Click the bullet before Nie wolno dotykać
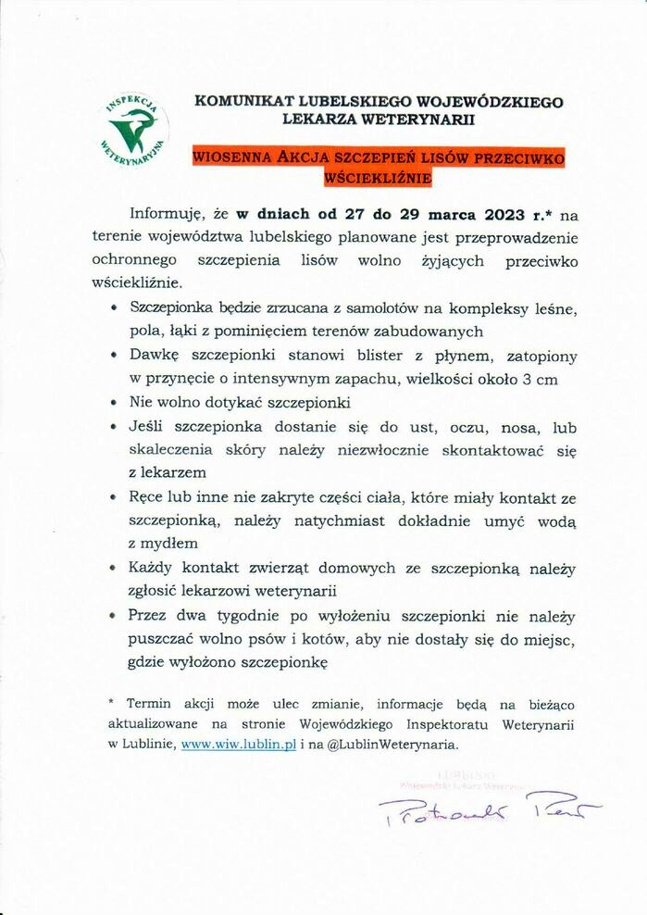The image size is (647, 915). [x=113, y=403]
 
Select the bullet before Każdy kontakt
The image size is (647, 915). [x=113, y=567]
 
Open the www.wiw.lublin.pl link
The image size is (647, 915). [x=239, y=744]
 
